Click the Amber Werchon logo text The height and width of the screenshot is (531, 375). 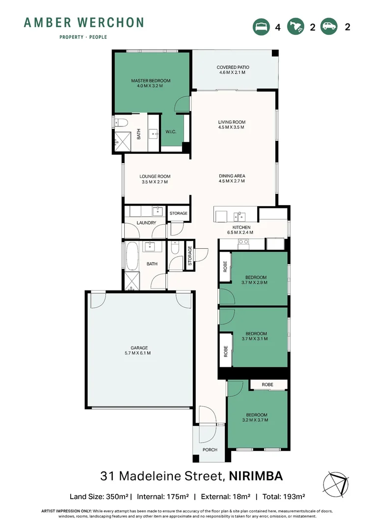(x=84, y=23)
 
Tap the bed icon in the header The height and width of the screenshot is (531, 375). (x=261, y=27)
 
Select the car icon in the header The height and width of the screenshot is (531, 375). (x=328, y=27)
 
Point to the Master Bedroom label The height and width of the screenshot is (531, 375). (x=150, y=83)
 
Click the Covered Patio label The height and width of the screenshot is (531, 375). (x=233, y=70)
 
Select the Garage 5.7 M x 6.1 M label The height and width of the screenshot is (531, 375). (x=139, y=350)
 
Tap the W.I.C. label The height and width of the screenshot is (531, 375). (x=171, y=131)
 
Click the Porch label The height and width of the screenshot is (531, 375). (x=210, y=450)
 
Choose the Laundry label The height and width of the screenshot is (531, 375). (x=147, y=223)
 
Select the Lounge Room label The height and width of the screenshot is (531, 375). (x=155, y=179)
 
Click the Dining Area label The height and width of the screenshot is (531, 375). (x=232, y=178)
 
